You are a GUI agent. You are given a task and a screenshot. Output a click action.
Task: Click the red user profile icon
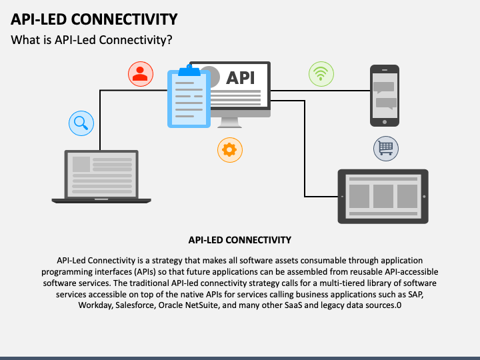[x=141, y=74]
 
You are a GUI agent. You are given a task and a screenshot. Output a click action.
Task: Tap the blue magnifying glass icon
[x=81, y=123]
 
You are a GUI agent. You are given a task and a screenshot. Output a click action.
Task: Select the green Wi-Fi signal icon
[x=321, y=74]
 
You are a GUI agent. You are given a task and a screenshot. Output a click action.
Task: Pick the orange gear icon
[x=230, y=150]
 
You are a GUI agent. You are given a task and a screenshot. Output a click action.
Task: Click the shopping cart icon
[x=386, y=149]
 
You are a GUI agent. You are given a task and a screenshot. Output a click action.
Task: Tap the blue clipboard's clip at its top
[x=189, y=71]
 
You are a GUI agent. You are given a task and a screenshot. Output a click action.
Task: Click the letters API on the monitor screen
[x=240, y=78]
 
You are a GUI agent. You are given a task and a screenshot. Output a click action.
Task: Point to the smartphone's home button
[x=385, y=122]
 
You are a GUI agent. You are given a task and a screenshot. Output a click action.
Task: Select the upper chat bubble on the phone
[x=383, y=87]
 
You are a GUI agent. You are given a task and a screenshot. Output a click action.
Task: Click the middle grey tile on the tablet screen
[x=383, y=196]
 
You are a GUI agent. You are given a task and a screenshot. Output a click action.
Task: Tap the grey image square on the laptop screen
[x=81, y=165]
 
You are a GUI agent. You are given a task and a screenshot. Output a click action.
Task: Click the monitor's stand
[x=229, y=123]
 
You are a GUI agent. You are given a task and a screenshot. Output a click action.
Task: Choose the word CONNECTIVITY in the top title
[x=124, y=19]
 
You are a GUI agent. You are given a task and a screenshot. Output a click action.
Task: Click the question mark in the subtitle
[x=169, y=40]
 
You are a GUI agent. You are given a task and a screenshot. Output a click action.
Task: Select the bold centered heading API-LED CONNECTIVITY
[x=240, y=240]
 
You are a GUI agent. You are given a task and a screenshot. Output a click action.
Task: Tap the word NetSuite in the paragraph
[x=203, y=305]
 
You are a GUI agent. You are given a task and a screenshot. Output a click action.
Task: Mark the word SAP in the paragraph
[x=416, y=294]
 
